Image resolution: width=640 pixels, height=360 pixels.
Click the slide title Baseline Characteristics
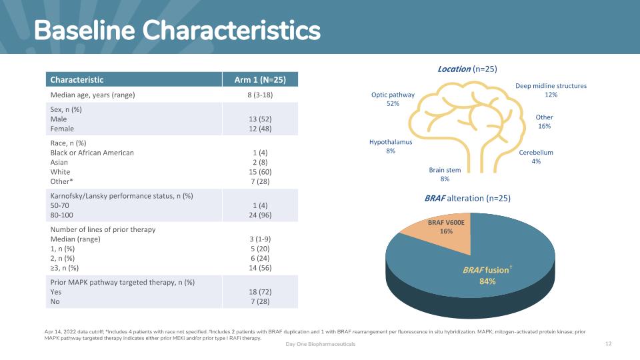(x=177, y=30)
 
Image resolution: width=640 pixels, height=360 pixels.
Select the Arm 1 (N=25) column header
(x=260, y=80)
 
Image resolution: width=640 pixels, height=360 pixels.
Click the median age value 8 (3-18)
(x=260, y=95)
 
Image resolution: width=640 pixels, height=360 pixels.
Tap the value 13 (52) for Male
(x=260, y=119)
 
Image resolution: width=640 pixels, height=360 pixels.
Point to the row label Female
(x=62, y=129)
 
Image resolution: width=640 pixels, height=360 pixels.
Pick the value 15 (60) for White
(x=260, y=172)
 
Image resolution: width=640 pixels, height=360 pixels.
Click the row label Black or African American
(x=92, y=153)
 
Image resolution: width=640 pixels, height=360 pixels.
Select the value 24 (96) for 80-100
(x=260, y=215)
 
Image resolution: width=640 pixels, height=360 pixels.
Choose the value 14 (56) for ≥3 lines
(x=260, y=268)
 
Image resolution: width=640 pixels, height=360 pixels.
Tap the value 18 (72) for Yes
(x=260, y=292)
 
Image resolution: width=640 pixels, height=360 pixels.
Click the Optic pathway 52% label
(x=393, y=99)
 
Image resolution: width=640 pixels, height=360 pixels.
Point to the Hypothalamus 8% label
(x=391, y=147)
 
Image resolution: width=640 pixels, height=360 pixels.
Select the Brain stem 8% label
(x=445, y=175)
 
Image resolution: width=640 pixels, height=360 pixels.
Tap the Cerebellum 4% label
(x=536, y=157)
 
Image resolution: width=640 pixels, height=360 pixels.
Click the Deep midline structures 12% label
(x=551, y=90)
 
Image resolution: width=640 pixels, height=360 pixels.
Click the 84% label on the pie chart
(x=486, y=282)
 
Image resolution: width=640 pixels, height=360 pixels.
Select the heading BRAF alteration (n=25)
(x=467, y=198)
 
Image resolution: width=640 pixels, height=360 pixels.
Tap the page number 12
(x=608, y=343)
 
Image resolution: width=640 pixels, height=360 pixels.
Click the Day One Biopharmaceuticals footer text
(x=321, y=344)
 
